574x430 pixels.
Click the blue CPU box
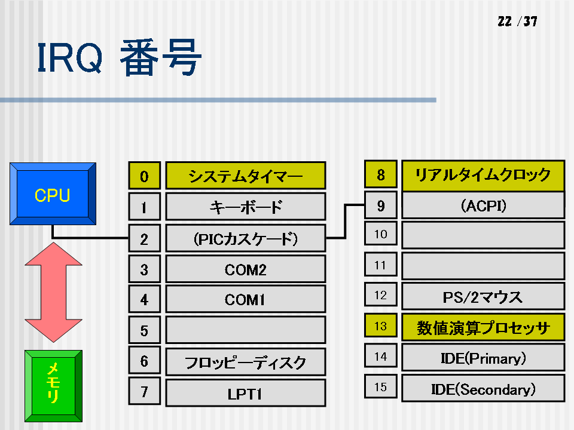(53, 193)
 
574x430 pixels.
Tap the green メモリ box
(53, 386)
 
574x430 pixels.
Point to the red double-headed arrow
(53, 292)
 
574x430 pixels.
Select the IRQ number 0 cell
(145, 176)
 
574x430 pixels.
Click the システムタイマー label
(246, 176)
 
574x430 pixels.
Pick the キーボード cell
(246, 207)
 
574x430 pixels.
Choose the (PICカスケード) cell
(246, 238)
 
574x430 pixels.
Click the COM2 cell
(246, 269)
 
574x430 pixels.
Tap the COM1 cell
(246, 299)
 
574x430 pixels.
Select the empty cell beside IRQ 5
(246, 330)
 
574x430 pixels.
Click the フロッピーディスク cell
(246, 362)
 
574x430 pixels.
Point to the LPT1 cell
(246, 393)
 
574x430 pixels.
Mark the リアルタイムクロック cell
(483, 175)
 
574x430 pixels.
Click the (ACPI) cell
(483, 205)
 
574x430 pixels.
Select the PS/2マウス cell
(483, 297)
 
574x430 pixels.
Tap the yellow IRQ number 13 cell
(381, 325)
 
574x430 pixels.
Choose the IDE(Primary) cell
(483, 358)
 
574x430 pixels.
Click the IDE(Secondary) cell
(483, 388)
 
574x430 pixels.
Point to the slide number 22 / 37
(517, 21)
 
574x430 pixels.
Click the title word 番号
(161, 58)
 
